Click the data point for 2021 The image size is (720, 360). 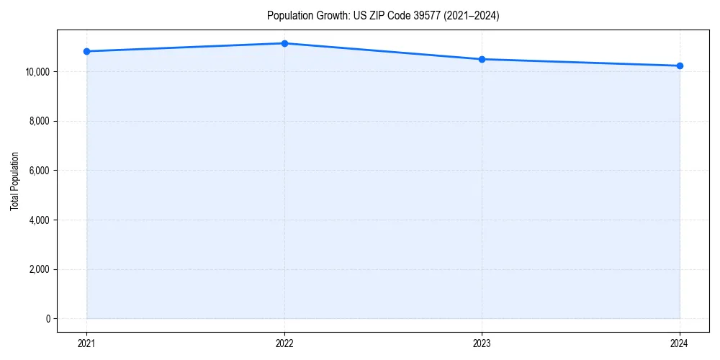(x=86, y=51)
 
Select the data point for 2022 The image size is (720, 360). (x=284, y=43)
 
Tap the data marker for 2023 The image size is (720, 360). (x=482, y=59)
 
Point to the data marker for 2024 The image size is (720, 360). (x=680, y=66)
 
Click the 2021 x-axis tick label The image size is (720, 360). (x=86, y=343)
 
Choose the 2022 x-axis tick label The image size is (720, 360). (x=284, y=343)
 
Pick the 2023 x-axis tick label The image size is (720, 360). (x=482, y=343)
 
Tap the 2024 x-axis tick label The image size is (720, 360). (x=680, y=343)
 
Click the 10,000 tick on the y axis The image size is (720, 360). (x=36, y=72)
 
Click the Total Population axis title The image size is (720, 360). (x=14, y=181)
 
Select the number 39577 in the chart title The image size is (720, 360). (x=430, y=16)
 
